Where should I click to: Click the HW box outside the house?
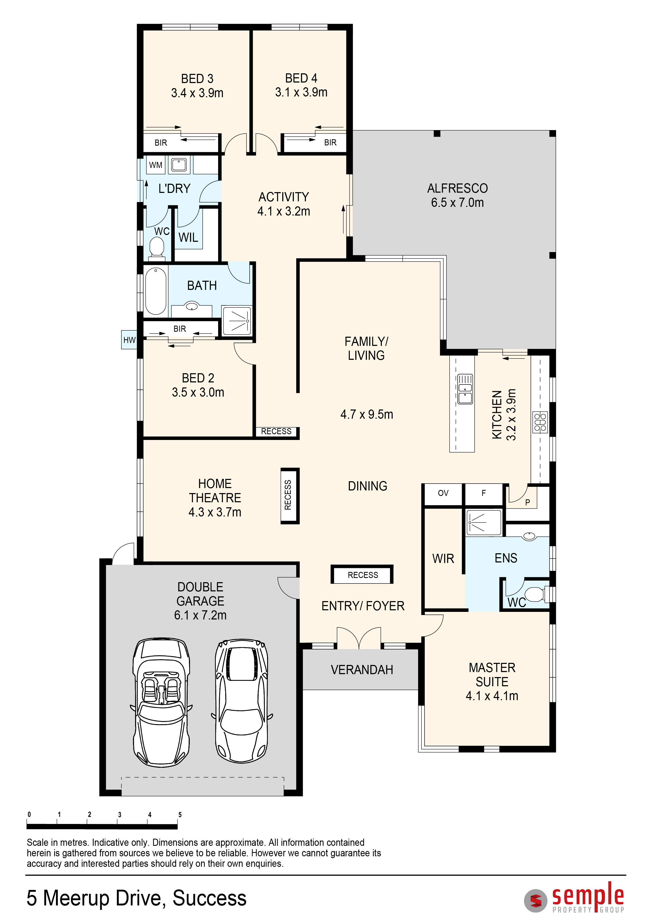pyautogui.click(x=129, y=340)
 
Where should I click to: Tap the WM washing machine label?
pyautogui.click(x=156, y=165)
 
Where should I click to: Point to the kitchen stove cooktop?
pyautogui.click(x=540, y=422)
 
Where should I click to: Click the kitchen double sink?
pyautogui.click(x=465, y=389)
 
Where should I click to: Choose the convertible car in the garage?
pyautogui.click(x=161, y=702)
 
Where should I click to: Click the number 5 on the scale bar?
pyautogui.click(x=180, y=815)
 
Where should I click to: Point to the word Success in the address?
pyautogui.click(x=209, y=899)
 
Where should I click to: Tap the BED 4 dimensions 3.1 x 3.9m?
pyautogui.click(x=301, y=92)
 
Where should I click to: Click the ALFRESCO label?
pyautogui.click(x=457, y=188)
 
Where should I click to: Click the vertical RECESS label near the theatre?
pyautogui.click(x=288, y=495)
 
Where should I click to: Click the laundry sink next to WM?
pyautogui.click(x=179, y=165)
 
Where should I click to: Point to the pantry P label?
pyautogui.click(x=527, y=502)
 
